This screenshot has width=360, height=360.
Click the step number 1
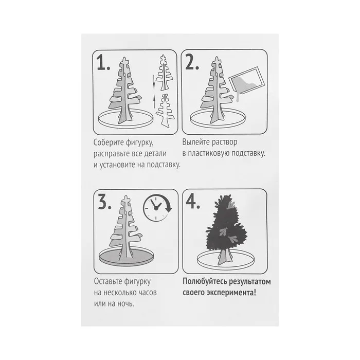point(103,62)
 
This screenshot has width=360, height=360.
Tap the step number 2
point(192,62)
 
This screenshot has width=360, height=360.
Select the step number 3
point(105,202)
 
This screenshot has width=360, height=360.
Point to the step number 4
point(193,202)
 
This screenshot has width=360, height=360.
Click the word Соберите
point(109,142)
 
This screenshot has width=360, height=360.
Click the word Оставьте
point(108,281)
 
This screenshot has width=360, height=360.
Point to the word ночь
point(125,304)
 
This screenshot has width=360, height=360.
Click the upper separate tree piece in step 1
point(164,73)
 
